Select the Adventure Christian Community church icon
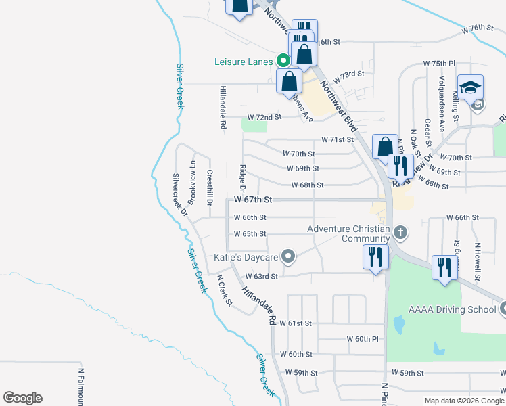[x=400, y=233]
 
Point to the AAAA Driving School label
[x=451, y=309]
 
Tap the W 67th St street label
[x=253, y=200]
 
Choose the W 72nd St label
[x=264, y=117]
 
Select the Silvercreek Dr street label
[x=179, y=192]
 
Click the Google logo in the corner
[x=22, y=398]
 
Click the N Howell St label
[x=477, y=262]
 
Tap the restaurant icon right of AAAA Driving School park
[x=444, y=267]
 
